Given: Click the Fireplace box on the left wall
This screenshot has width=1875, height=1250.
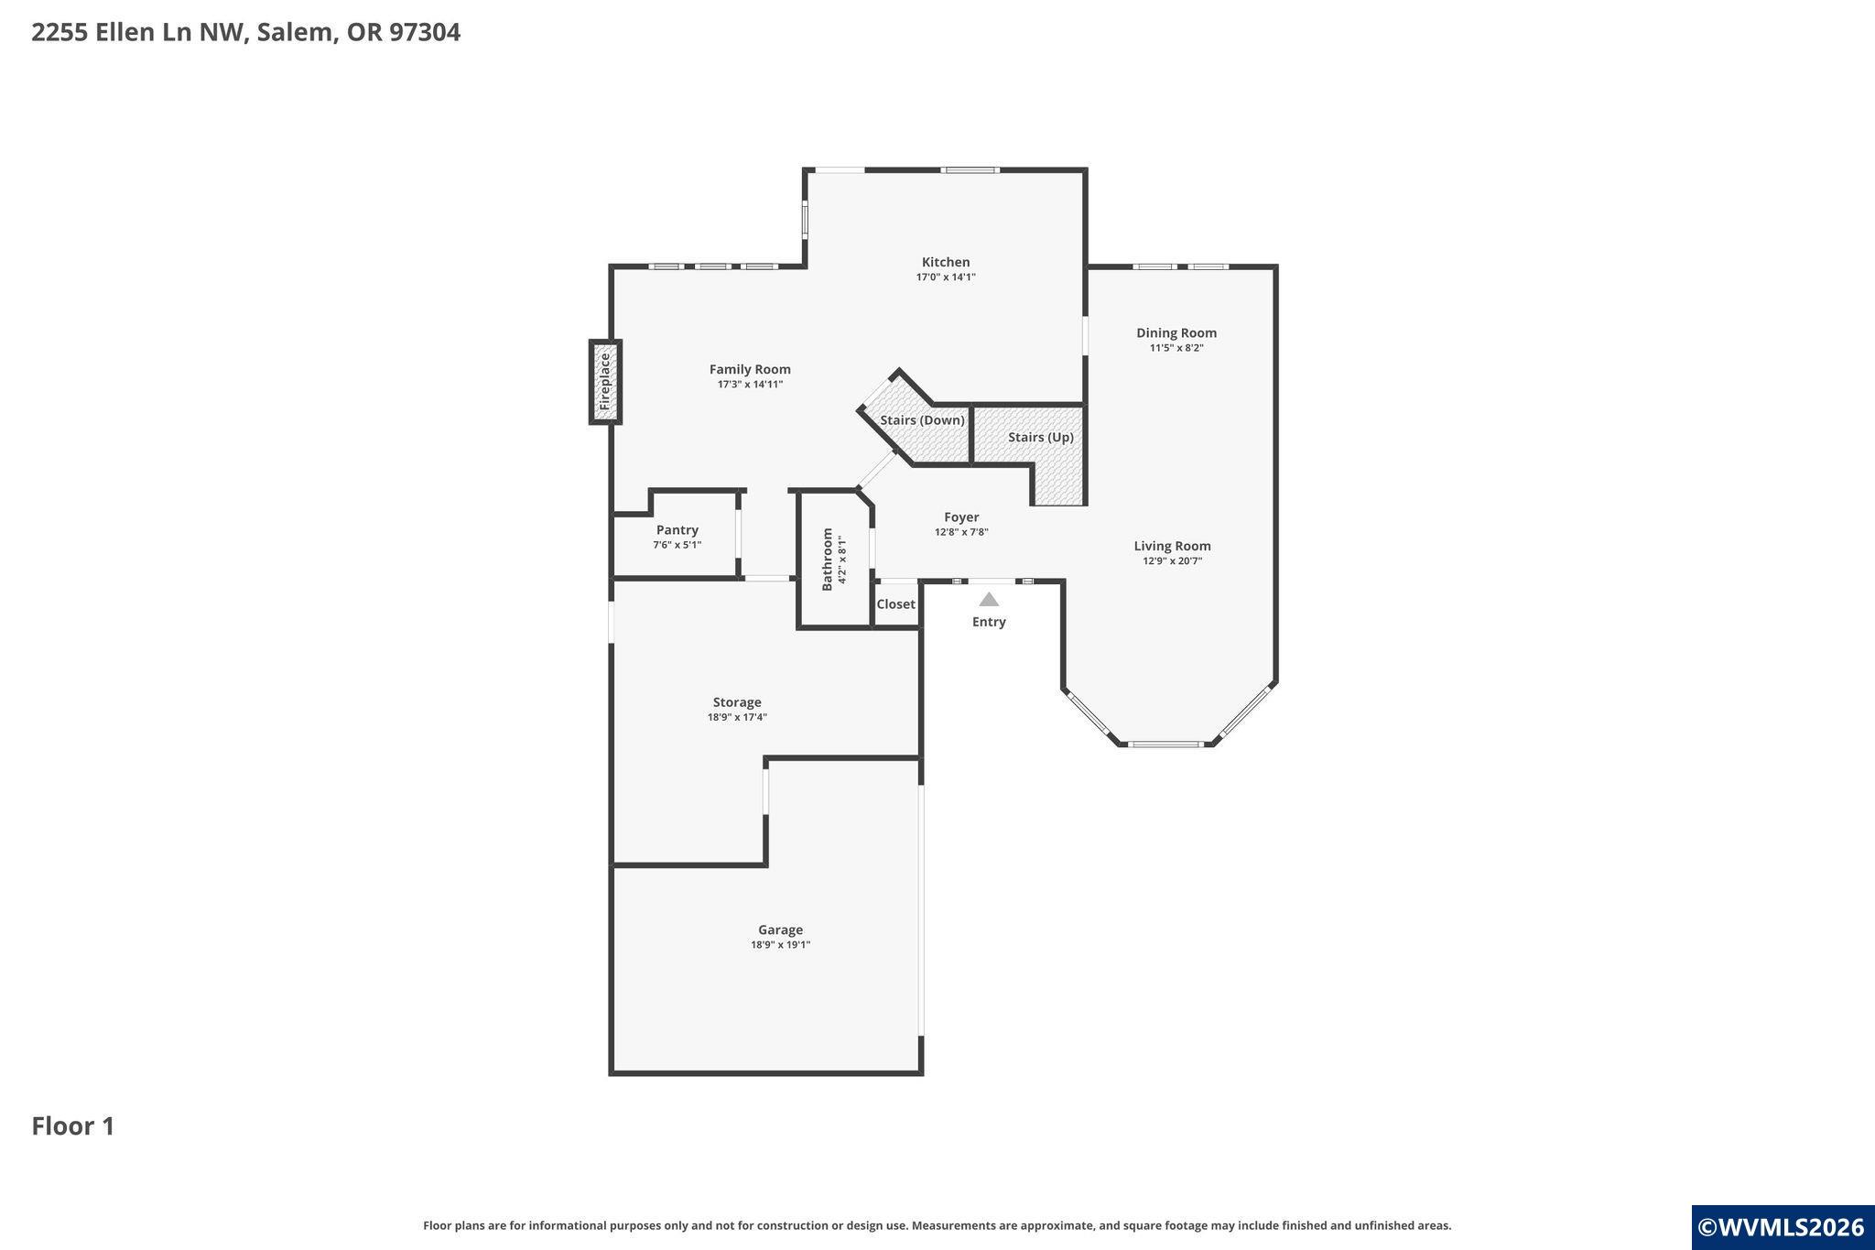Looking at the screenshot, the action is pyautogui.click(x=605, y=382).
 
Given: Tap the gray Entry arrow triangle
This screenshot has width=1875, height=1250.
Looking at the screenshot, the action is pyautogui.click(x=989, y=600).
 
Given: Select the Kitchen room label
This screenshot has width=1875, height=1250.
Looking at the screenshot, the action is pyautogui.click(x=946, y=262).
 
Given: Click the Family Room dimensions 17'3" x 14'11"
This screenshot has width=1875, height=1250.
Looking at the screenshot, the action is pyautogui.click(x=750, y=385).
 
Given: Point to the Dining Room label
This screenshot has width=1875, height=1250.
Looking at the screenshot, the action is pyautogui.click(x=1176, y=332).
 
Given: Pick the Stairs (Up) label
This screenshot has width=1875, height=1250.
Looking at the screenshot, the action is pyautogui.click(x=1041, y=437).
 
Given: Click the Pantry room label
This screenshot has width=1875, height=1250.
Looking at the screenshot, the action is pyautogui.click(x=677, y=529).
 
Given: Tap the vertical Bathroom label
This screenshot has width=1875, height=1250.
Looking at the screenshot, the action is pyautogui.click(x=828, y=559).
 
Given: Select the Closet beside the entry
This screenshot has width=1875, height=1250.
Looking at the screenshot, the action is pyautogui.click(x=895, y=604).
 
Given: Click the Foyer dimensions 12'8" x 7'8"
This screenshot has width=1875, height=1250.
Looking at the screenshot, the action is pyautogui.click(x=961, y=532).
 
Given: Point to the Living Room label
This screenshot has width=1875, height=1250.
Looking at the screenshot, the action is pyautogui.click(x=1172, y=546).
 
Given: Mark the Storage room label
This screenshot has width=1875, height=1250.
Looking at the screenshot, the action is pyautogui.click(x=737, y=702).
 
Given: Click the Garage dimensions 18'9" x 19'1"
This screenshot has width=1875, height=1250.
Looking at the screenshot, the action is pyautogui.click(x=780, y=945).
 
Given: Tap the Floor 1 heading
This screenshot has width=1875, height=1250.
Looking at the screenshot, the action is pyautogui.click(x=73, y=1126).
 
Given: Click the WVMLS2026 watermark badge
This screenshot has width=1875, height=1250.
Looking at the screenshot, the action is pyautogui.click(x=1783, y=1227).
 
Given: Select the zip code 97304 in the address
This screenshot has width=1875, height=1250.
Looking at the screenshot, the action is pyautogui.click(x=425, y=32).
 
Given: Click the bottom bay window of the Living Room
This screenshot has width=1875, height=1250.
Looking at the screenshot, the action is pyautogui.click(x=1165, y=744).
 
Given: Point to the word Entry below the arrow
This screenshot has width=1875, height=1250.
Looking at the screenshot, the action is pyautogui.click(x=989, y=622).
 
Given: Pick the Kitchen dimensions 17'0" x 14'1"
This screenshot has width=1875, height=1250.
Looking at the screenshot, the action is pyautogui.click(x=946, y=277).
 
